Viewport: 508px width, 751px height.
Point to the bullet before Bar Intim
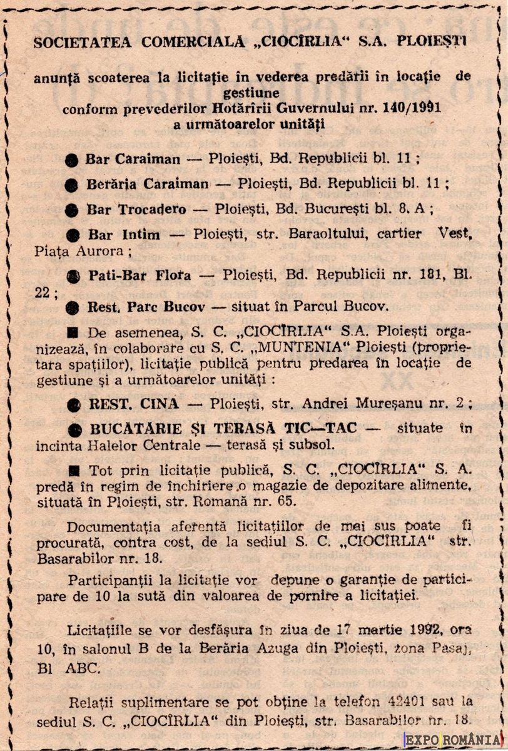(x=74, y=236)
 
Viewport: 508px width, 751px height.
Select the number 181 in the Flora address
(x=392, y=275)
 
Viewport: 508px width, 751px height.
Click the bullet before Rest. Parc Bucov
(x=74, y=307)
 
